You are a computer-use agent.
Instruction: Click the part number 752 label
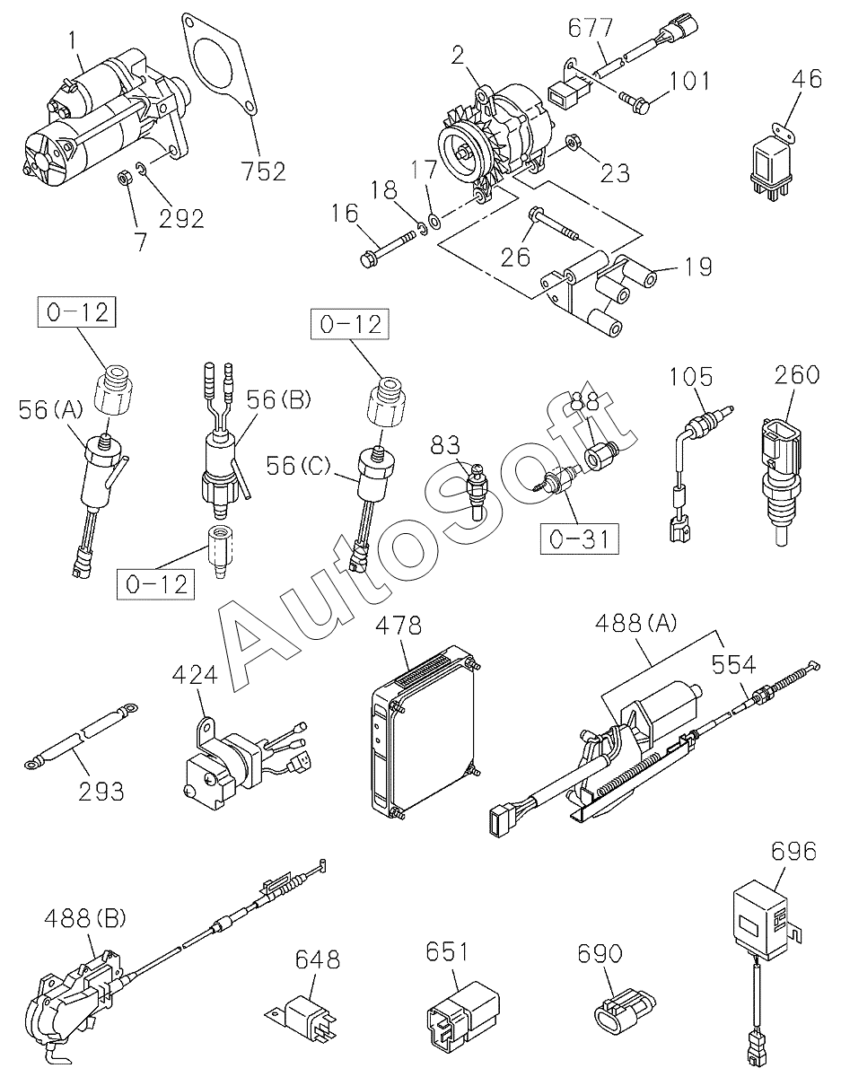pyautogui.click(x=264, y=171)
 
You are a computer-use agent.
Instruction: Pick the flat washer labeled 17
pyautogui.click(x=434, y=220)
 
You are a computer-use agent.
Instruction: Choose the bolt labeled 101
pyautogui.click(x=635, y=101)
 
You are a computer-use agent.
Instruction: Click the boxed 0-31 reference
pyautogui.click(x=580, y=538)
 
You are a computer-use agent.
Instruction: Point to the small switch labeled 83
pyautogui.click(x=477, y=492)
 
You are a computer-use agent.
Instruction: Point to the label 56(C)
pyautogui.click(x=298, y=466)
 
